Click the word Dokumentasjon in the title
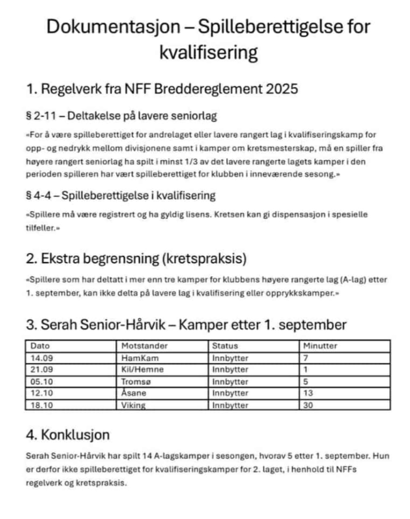(x=113, y=27)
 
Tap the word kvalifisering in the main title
(x=209, y=53)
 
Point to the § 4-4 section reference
(x=40, y=196)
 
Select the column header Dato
(x=40, y=346)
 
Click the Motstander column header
(x=145, y=346)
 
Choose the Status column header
(x=225, y=346)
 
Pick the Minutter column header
(x=320, y=346)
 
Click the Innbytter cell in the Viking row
(x=230, y=406)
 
